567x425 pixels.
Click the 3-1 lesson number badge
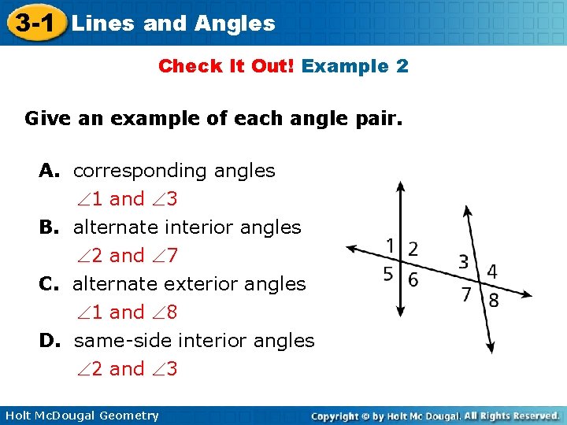pos(32,23)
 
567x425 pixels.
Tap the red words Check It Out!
pos(226,66)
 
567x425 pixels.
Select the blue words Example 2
pos(354,66)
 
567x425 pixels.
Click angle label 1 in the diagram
pos(390,246)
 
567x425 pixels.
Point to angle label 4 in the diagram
pos(492,272)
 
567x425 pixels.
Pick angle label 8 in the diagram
pos(494,300)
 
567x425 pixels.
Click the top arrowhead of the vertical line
pos(401,187)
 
